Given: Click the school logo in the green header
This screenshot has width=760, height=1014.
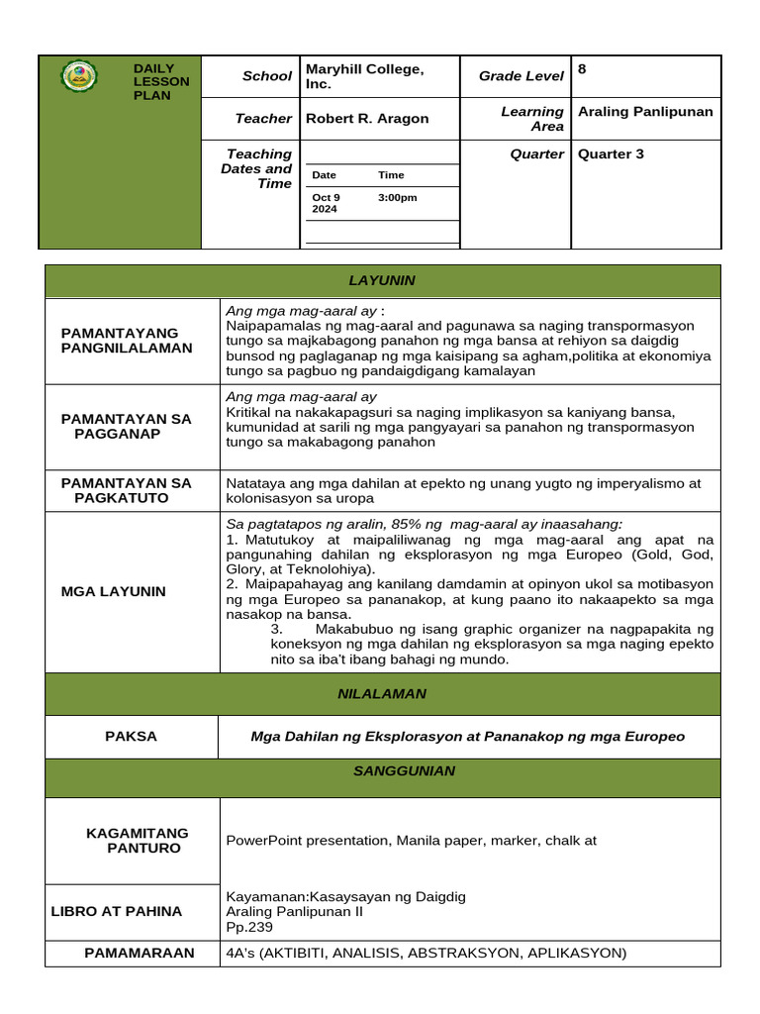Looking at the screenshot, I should tap(79, 76).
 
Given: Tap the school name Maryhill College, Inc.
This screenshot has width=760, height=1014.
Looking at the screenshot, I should tap(364, 76).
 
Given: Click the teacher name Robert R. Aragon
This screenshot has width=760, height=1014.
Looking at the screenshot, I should tap(367, 119).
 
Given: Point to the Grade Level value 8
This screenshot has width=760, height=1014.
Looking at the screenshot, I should tap(583, 68).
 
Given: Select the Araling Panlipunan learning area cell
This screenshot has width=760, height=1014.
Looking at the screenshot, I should tap(645, 112).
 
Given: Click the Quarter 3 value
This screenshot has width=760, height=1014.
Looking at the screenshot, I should tap(611, 154).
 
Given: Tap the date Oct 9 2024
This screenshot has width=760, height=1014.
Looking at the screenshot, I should tap(326, 203).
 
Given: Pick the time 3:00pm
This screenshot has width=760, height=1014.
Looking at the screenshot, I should tap(398, 197).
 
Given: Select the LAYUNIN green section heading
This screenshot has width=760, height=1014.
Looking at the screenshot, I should tap(383, 281).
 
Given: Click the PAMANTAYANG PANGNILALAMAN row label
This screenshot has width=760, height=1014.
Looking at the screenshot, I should tap(127, 341).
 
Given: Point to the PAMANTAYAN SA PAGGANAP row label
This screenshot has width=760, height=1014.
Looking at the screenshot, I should tap(126, 427).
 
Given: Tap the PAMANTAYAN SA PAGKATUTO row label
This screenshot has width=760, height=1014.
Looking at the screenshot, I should tap(126, 490).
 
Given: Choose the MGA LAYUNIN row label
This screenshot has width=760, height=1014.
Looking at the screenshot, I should tap(114, 591).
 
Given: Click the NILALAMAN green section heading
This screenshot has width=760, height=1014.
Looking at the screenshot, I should tap(383, 694).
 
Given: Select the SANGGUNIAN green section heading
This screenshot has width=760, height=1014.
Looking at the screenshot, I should tap(383, 770).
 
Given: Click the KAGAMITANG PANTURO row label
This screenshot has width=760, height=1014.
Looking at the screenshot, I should tap(137, 841).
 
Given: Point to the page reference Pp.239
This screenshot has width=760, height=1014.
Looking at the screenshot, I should tap(249, 928).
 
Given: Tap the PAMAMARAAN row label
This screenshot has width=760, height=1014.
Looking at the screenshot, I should tap(132, 954).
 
